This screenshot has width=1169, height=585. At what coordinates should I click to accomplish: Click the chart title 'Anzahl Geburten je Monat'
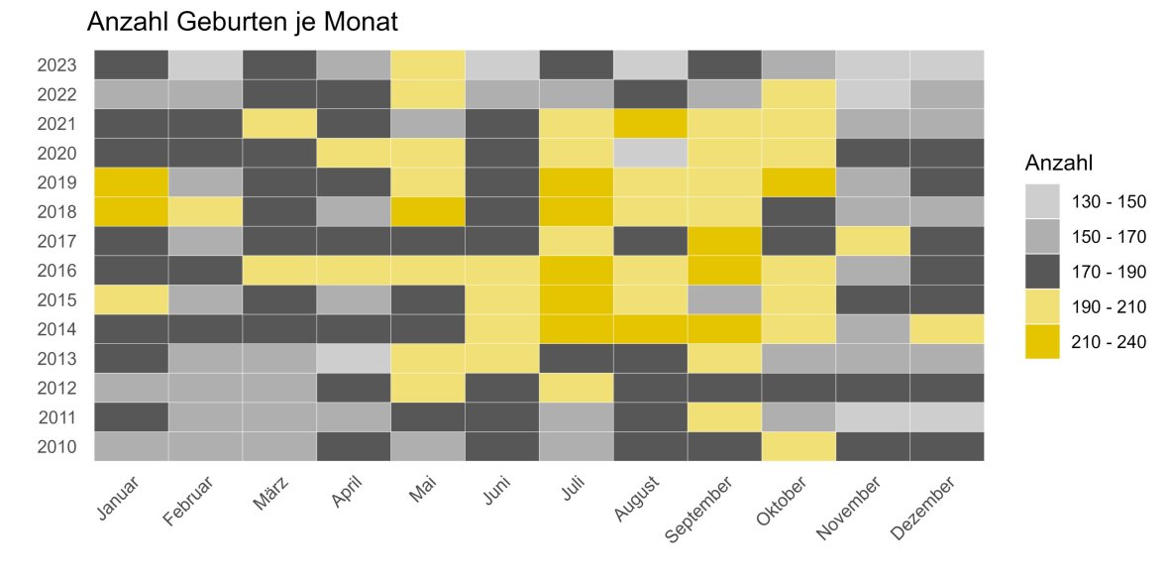(242, 22)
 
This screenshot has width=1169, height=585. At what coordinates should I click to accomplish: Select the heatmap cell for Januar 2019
(131, 182)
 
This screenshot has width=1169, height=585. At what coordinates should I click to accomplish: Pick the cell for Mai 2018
(428, 212)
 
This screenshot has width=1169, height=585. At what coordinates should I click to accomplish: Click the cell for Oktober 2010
(798, 446)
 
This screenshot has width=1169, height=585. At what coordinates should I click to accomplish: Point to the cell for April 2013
(354, 358)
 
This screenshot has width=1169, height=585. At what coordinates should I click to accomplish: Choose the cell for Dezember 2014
(947, 329)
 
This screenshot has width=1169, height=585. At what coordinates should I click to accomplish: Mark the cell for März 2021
(279, 124)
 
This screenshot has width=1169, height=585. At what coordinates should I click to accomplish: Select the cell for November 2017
(873, 241)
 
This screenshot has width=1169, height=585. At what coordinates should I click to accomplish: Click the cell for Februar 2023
(205, 65)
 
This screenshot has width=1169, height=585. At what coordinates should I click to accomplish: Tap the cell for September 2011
(725, 416)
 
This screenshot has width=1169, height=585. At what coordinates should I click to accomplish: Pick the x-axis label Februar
(189, 502)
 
